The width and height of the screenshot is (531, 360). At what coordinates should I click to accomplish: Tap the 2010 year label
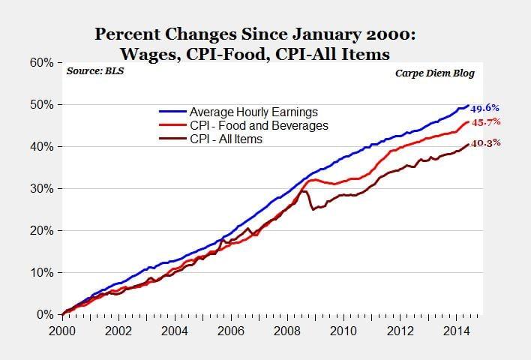pyautogui.click(x=343, y=330)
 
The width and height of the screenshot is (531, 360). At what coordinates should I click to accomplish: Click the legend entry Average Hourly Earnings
pyautogui.click(x=253, y=112)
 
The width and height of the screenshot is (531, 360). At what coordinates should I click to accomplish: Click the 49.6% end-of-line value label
pyautogui.click(x=485, y=108)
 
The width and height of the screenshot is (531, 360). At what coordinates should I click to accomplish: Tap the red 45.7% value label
pyautogui.click(x=485, y=121)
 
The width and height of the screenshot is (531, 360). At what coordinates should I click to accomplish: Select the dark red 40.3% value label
pyautogui.click(x=485, y=142)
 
